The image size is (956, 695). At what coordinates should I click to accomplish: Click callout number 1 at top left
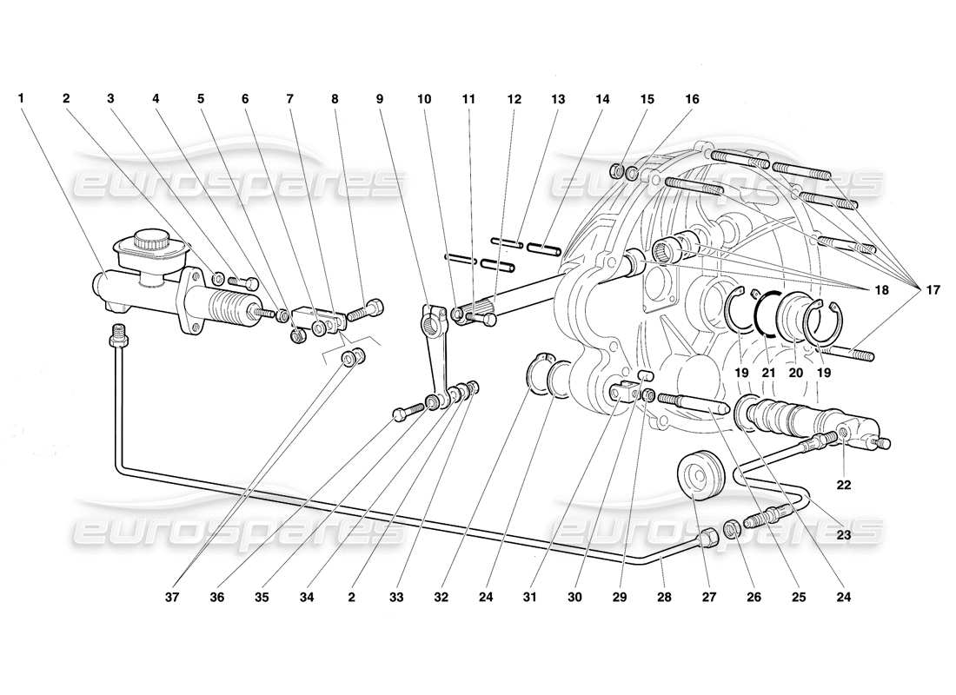click(21, 99)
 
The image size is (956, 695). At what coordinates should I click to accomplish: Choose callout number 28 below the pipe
click(664, 597)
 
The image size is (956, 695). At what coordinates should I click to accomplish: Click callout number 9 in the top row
click(380, 99)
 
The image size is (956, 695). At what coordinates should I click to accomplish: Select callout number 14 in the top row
click(603, 99)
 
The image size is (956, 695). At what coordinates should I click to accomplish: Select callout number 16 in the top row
click(692, 99)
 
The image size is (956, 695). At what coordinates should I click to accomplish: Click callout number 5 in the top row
click(201, 99)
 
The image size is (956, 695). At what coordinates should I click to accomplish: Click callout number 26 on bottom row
click(754, 597)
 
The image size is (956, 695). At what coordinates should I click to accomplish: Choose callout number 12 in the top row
click(514, 99)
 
